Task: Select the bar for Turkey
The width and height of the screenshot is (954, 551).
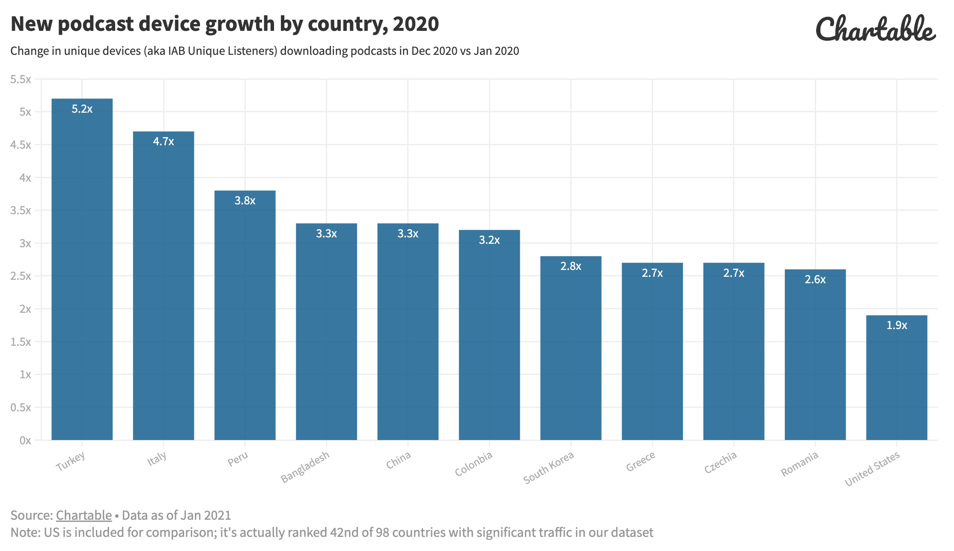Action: pyautogui.click(x=82, y=274)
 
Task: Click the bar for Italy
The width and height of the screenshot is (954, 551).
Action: pyautogui.click(x=163, y=291)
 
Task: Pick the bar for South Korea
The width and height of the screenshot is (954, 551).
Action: pyautogui.click(x=570, y=351)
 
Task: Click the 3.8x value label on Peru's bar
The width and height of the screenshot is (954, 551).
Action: pyautogui.click(x=245, y=201)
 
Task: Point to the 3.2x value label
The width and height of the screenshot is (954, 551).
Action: pyautogui.click(x=489, y=240)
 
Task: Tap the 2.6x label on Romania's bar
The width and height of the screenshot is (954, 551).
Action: pyautogui.click(x=815, y=279)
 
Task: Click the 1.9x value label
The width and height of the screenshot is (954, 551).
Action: pyautogui.click(x=896, y=325)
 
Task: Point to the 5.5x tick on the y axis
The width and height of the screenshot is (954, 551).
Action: pyautogui.click(x=21, y=79)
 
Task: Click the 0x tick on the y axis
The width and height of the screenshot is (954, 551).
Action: pyautogui.click(x=25, y=440)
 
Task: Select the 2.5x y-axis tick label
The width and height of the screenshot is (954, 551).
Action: pyautogui.click(x=21, y=276)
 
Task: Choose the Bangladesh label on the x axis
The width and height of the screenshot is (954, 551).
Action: pyautogui.click(x=305, y=467)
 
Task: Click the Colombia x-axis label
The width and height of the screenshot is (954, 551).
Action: pyautogui.click(x=474, y=464)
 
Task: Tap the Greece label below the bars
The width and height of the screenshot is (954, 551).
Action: pyautogui.click(x=641, y=461)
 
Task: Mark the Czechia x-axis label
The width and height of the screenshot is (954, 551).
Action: pyautogui.click(x=720, y=462)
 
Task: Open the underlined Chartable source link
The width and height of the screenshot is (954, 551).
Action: pyautogui.click(x=83, y=515)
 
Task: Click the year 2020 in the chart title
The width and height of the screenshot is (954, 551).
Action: pyautogui.click(x=416, y=24)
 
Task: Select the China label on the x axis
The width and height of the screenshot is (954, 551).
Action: pyautogui.click(x=398, y=460)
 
